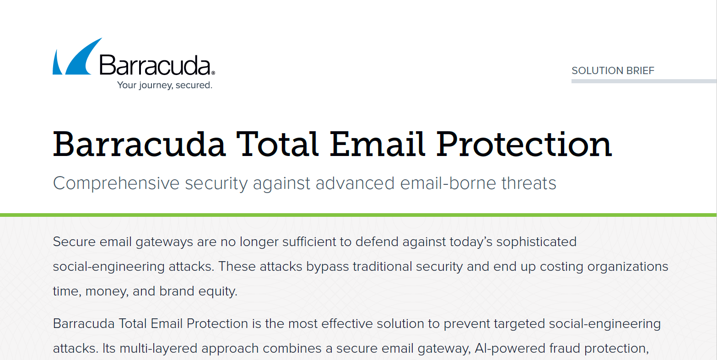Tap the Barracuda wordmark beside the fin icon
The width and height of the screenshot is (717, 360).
(x=157, y=65)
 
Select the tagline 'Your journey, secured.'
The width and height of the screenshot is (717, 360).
(x=165, y=85)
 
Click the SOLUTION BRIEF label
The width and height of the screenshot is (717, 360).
(x=613, y=70)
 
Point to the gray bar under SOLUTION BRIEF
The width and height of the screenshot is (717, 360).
(x=644, y=81)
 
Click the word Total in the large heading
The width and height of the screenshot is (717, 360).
(x=277, y=144)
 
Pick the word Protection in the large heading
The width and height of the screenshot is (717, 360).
(x=524, y=144)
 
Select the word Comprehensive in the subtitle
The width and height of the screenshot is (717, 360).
(x=116, y=183)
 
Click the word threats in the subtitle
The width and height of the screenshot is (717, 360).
(x=529, y=183)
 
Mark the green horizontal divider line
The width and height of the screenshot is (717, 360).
(x=359, y=215)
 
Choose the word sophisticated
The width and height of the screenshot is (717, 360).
(x=536, y=242)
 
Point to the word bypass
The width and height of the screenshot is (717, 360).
(x=328, y=267)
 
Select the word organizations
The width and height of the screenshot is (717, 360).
(x=628, y=267)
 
